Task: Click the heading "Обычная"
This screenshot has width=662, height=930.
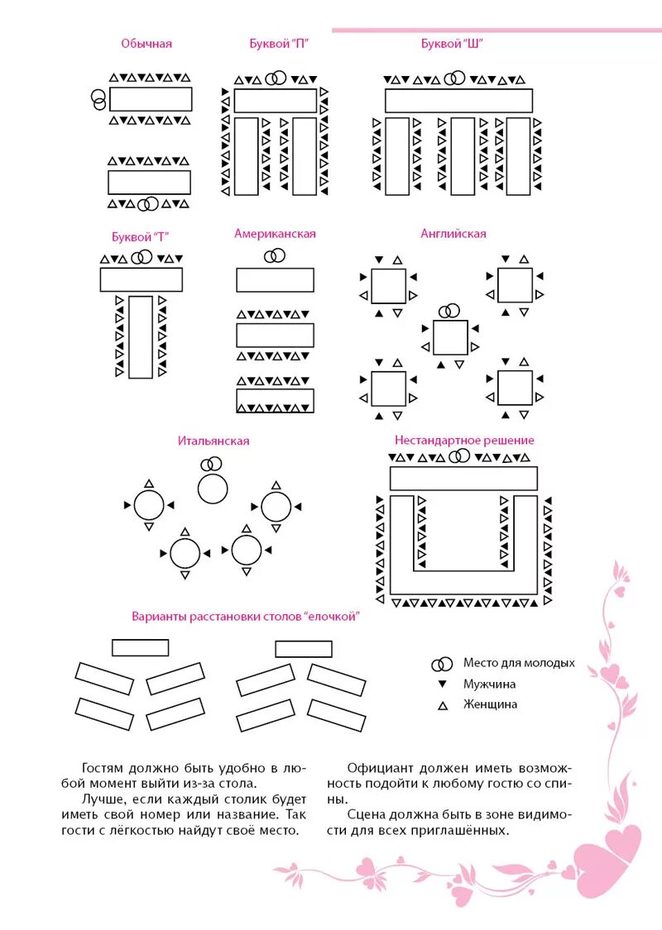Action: [x=146, y=44]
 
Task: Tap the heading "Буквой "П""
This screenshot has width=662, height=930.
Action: [x=280, y=44]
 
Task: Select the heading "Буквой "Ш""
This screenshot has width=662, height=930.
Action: [x=452, y=44]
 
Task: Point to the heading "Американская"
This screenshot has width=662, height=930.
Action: [x=275, y=234]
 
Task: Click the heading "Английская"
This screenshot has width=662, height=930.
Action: [x=453, y=234]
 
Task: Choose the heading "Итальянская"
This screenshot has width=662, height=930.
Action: [x=213, y=441]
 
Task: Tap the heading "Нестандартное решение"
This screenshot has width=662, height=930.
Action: [x=464, y=441]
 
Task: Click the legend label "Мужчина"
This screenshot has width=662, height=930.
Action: [x=489, y=684]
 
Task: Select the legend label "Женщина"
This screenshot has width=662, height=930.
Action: [x=490, y=705]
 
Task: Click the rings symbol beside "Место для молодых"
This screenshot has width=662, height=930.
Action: [x=442, y=664]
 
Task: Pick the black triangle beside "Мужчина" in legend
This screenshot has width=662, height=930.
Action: [x=442, y=684]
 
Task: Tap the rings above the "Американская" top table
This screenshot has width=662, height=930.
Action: [x=275, y=256]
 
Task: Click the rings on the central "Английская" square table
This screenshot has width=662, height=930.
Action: [x=449, y=311]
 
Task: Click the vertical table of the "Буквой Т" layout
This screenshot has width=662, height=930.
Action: [x=141, y=336]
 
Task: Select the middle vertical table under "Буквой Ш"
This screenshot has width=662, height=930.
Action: [x=463, y=155]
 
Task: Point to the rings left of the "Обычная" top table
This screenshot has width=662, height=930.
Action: [x=98, y=99]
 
